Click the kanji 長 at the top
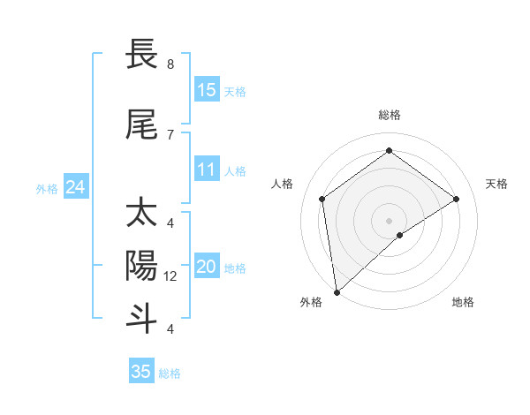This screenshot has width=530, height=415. [141, 55]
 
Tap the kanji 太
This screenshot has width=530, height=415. [141, 215]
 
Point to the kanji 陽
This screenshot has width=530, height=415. [141, 265]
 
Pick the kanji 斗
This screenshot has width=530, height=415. [141, 317]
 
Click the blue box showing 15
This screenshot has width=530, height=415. [207, 90]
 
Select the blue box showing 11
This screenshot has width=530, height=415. [207, 170]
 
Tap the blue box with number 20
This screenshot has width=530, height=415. [207, 268]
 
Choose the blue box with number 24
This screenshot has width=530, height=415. [76, 187]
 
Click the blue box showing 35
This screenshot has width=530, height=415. [141, 372]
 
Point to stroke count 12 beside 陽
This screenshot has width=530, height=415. [171, 276]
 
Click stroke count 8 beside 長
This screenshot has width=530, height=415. [170, 64]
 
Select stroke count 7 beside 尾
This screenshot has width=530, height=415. [170, 134]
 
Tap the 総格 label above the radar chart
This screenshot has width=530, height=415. [390, 115]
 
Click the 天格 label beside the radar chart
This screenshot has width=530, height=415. [496, 184]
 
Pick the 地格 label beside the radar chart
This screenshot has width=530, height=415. [463, 302]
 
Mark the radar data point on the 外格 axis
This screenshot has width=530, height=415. [336, 292]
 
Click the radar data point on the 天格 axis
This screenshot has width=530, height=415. [456, 199]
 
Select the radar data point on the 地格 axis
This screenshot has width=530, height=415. [400, 235]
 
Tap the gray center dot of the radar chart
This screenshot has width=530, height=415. [390, 220]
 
